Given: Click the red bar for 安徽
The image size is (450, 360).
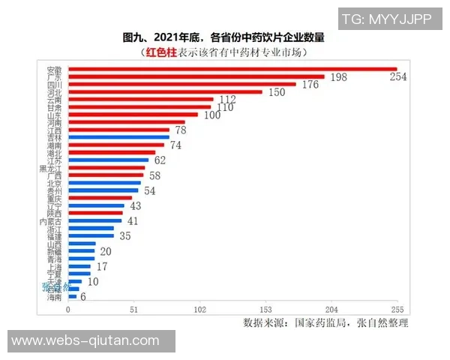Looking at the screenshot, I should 232,69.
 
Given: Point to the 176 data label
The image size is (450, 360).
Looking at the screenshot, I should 310,85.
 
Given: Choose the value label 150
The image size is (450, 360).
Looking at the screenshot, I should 277,93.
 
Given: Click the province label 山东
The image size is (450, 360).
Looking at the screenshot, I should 55,115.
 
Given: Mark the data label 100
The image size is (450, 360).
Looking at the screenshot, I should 212,115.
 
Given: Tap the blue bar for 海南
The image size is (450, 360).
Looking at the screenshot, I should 72,296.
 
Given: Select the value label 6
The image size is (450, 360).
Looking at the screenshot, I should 82,297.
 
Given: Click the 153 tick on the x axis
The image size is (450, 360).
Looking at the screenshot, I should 265,310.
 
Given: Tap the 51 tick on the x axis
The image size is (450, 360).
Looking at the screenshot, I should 133,310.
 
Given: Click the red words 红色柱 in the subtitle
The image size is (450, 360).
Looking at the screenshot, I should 162,52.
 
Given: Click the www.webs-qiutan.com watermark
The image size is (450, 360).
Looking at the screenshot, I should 86,341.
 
